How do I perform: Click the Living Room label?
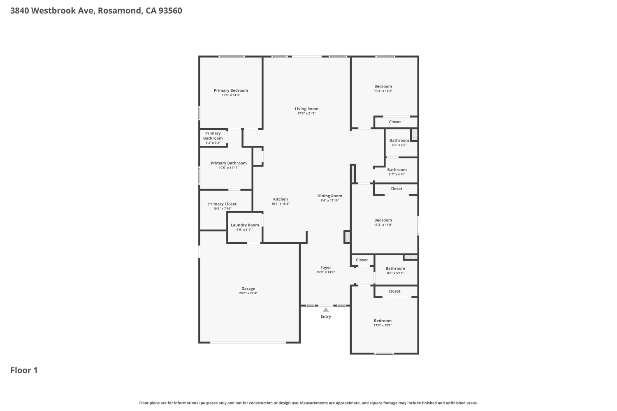pos(306,109)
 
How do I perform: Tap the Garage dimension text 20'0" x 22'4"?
pos(248,293)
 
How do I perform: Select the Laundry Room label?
pos(245,225)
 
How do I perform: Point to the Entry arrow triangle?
pos(326,309)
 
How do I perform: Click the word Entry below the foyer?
pos(326,316)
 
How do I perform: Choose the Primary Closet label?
pos(222,204)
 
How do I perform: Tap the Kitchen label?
pos(281,199)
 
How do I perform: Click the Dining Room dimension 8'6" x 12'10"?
pos(330,201)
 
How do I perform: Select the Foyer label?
pos(326,268)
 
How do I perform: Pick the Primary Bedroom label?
pos(231,90)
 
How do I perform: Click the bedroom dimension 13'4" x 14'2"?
pos(383,91)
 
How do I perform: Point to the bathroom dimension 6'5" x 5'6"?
pos(399,145)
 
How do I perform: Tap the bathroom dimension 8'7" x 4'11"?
pos(397,174)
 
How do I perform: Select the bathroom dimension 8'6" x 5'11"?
pos(395,273)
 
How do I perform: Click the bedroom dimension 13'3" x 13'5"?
pos(383,326)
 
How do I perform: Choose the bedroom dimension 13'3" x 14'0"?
pos(383,225)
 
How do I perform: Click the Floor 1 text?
pos(24,370)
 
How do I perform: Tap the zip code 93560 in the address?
pos(170,11)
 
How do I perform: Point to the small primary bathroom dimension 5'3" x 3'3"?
pos(213,143)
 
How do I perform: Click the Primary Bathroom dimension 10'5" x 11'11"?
pos(229,168)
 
